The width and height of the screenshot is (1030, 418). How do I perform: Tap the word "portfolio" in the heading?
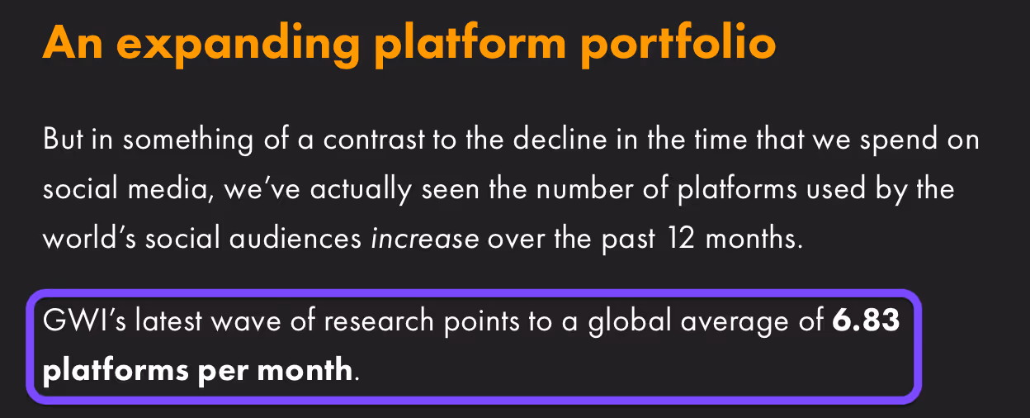(x=678, y=44)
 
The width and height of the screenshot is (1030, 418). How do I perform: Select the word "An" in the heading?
(x=73, y=43)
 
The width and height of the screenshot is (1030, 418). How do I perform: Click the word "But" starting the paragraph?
(x=64, y=139)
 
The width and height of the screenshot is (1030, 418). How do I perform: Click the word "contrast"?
(x=374, y=140)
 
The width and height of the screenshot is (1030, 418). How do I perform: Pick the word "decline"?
(x=560, y=139)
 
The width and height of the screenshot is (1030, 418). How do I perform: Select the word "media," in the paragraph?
(x=171, y=189)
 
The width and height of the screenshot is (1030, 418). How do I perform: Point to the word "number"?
(x=584, y=188)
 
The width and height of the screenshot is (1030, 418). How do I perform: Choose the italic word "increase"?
(x=425, y=240)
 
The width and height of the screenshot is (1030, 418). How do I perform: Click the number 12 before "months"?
(x=681, y=239)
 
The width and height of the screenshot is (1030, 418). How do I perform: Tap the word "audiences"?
(x=295, y=239)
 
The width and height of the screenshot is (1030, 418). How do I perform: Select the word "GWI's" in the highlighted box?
(x=84, y=320)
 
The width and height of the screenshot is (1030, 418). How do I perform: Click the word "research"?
(x=379, y=320)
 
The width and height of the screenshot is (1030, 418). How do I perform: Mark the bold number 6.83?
(x=866, y=320)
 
